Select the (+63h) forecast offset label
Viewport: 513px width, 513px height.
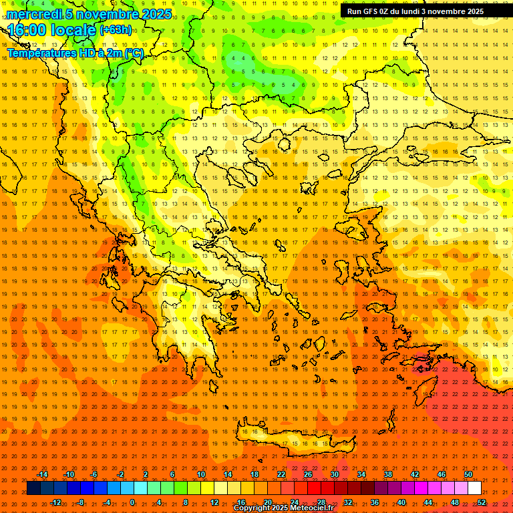[116, 30]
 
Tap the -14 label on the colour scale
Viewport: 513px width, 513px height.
[42, 474]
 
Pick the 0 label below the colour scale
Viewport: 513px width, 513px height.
[132, 502]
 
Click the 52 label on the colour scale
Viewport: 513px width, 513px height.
[482, 502]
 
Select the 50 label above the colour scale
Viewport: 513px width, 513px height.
[468, 474]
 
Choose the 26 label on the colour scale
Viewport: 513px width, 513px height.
[308, 474]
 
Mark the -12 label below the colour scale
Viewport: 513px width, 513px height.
[55, 502]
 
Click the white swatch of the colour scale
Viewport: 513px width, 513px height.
[474, 488]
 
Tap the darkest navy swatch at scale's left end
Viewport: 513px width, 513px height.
[33, 488]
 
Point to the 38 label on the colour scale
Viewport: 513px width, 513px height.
[388, 474]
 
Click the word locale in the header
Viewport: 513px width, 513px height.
[72, 30]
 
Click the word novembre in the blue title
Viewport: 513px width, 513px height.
[107, 14]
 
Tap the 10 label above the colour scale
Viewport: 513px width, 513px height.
[201, 474]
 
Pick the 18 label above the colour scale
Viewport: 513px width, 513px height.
[254, 474]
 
